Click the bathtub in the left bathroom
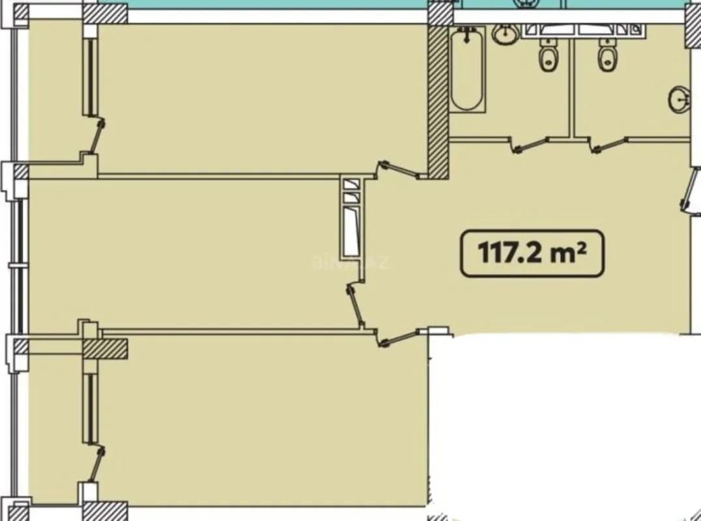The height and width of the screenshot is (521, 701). tap(467, 70)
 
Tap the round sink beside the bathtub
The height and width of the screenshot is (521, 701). tap(505, 35)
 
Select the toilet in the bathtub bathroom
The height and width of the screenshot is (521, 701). tap(547, 55)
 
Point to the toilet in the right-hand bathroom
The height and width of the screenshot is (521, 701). tap(607, 55)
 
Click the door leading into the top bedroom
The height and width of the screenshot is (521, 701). tap(399, 169)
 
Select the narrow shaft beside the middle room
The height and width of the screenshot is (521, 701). tap(351, 218)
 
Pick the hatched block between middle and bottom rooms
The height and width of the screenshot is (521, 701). tap(105, 348)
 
